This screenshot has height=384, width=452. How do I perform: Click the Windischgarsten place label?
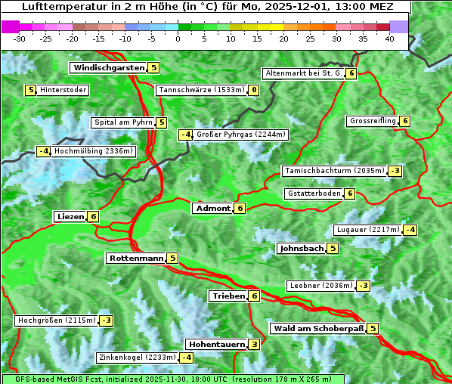(108, 68)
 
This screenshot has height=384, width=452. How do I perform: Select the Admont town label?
(212, 209)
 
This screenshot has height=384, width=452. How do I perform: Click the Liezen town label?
(70, 217)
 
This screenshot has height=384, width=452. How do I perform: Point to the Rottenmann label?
(136, 259)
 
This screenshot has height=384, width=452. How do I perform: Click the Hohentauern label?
(216, 345)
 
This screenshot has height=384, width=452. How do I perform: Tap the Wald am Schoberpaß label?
(318, 329)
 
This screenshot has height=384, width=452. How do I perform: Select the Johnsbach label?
(302, 249)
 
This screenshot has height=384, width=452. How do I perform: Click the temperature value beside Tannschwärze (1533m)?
(254, 91)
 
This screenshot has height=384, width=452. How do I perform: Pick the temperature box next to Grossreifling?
(405, 121)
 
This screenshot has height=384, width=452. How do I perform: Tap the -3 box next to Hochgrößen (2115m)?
(106, 321)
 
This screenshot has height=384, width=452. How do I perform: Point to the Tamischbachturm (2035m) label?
(333, 171)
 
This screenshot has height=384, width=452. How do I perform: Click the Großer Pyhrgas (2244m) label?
(241, 135)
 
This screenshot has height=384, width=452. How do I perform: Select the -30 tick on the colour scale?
(20, 39)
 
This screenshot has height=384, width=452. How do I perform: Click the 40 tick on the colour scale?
(389, 39)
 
